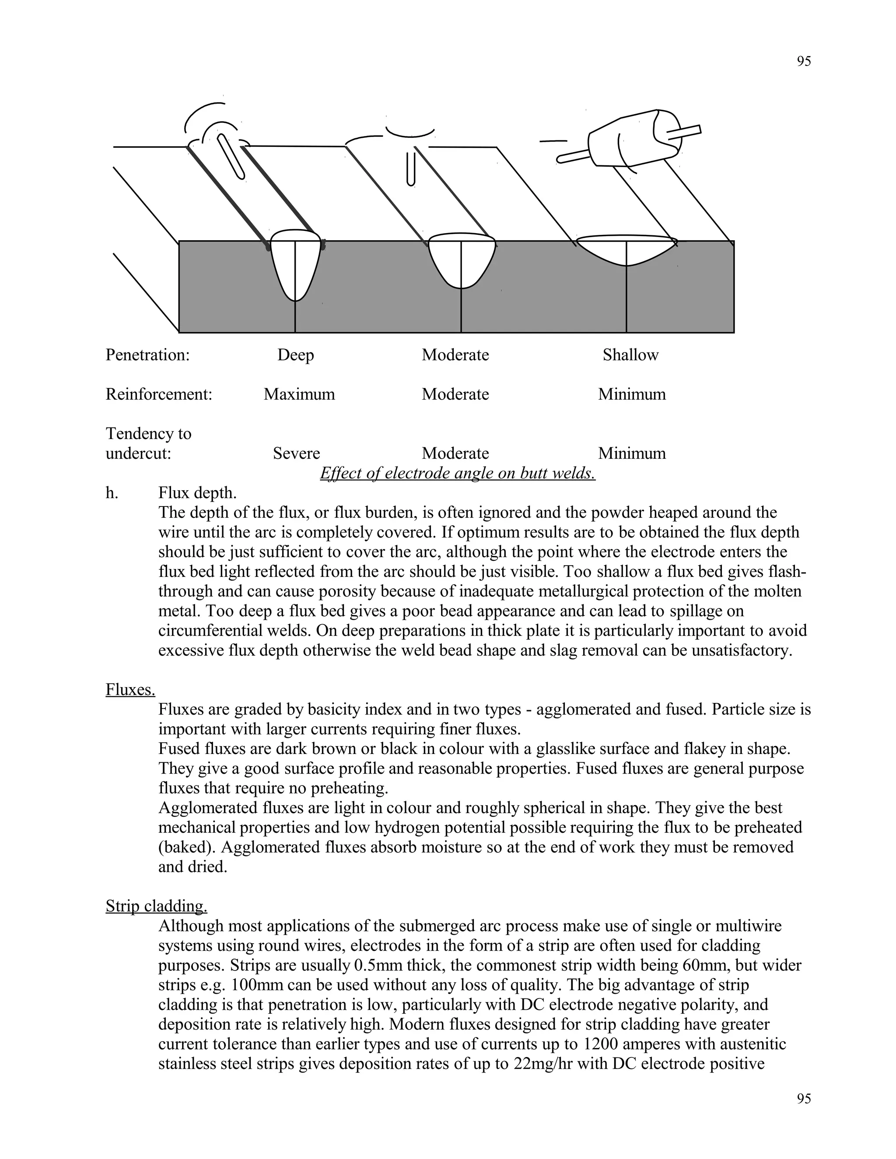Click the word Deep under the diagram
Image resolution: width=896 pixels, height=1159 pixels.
tap(295, 355)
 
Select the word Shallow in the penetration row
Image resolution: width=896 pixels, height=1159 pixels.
tap(630, 355)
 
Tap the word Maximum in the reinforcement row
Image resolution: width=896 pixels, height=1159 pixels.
tap(299, 394)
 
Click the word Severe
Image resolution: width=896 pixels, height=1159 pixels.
tap(296, 453)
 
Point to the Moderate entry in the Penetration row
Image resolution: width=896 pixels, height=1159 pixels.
tap(455, 355)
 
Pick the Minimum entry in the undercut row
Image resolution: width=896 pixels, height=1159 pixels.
tap(632, 453)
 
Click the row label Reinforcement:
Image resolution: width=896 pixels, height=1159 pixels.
tap(159, 394)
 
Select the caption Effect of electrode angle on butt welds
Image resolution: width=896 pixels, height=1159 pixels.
tap(457, 473)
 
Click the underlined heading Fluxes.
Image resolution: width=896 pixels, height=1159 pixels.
tap(130, 689)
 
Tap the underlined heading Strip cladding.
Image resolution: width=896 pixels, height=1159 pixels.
tap(156, 906)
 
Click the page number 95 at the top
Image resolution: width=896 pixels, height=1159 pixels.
tap(804, 62)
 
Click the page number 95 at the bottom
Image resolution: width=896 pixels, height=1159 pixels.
tap(804, 1099)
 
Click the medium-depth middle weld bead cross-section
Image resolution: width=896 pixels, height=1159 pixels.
tap(461, 260)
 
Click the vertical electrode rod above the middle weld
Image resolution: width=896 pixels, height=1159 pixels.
tap(410, 168)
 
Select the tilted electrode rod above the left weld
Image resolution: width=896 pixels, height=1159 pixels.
tap(231, 157)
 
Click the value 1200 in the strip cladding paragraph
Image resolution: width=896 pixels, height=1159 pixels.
tap(600, 1044)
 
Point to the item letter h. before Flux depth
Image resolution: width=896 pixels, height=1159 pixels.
tap(112, 493)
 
